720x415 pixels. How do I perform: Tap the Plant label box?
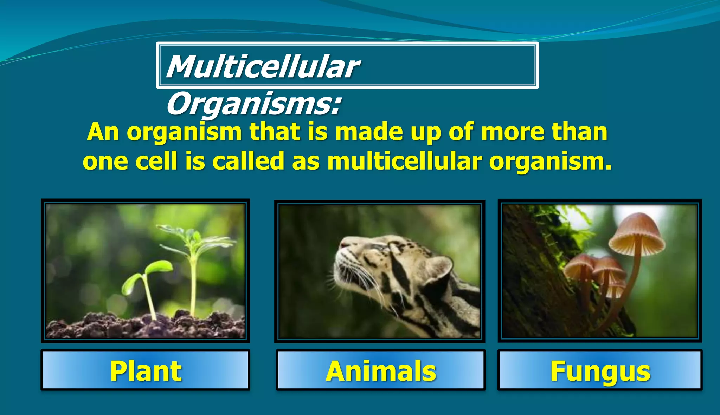tap(145, 370)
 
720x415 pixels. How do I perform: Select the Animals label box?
tap(380, 370)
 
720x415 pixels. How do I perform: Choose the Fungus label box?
tap(600, 370)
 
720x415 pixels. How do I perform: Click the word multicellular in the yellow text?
tap(404, 161)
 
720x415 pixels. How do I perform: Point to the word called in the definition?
tap(248, 161)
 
